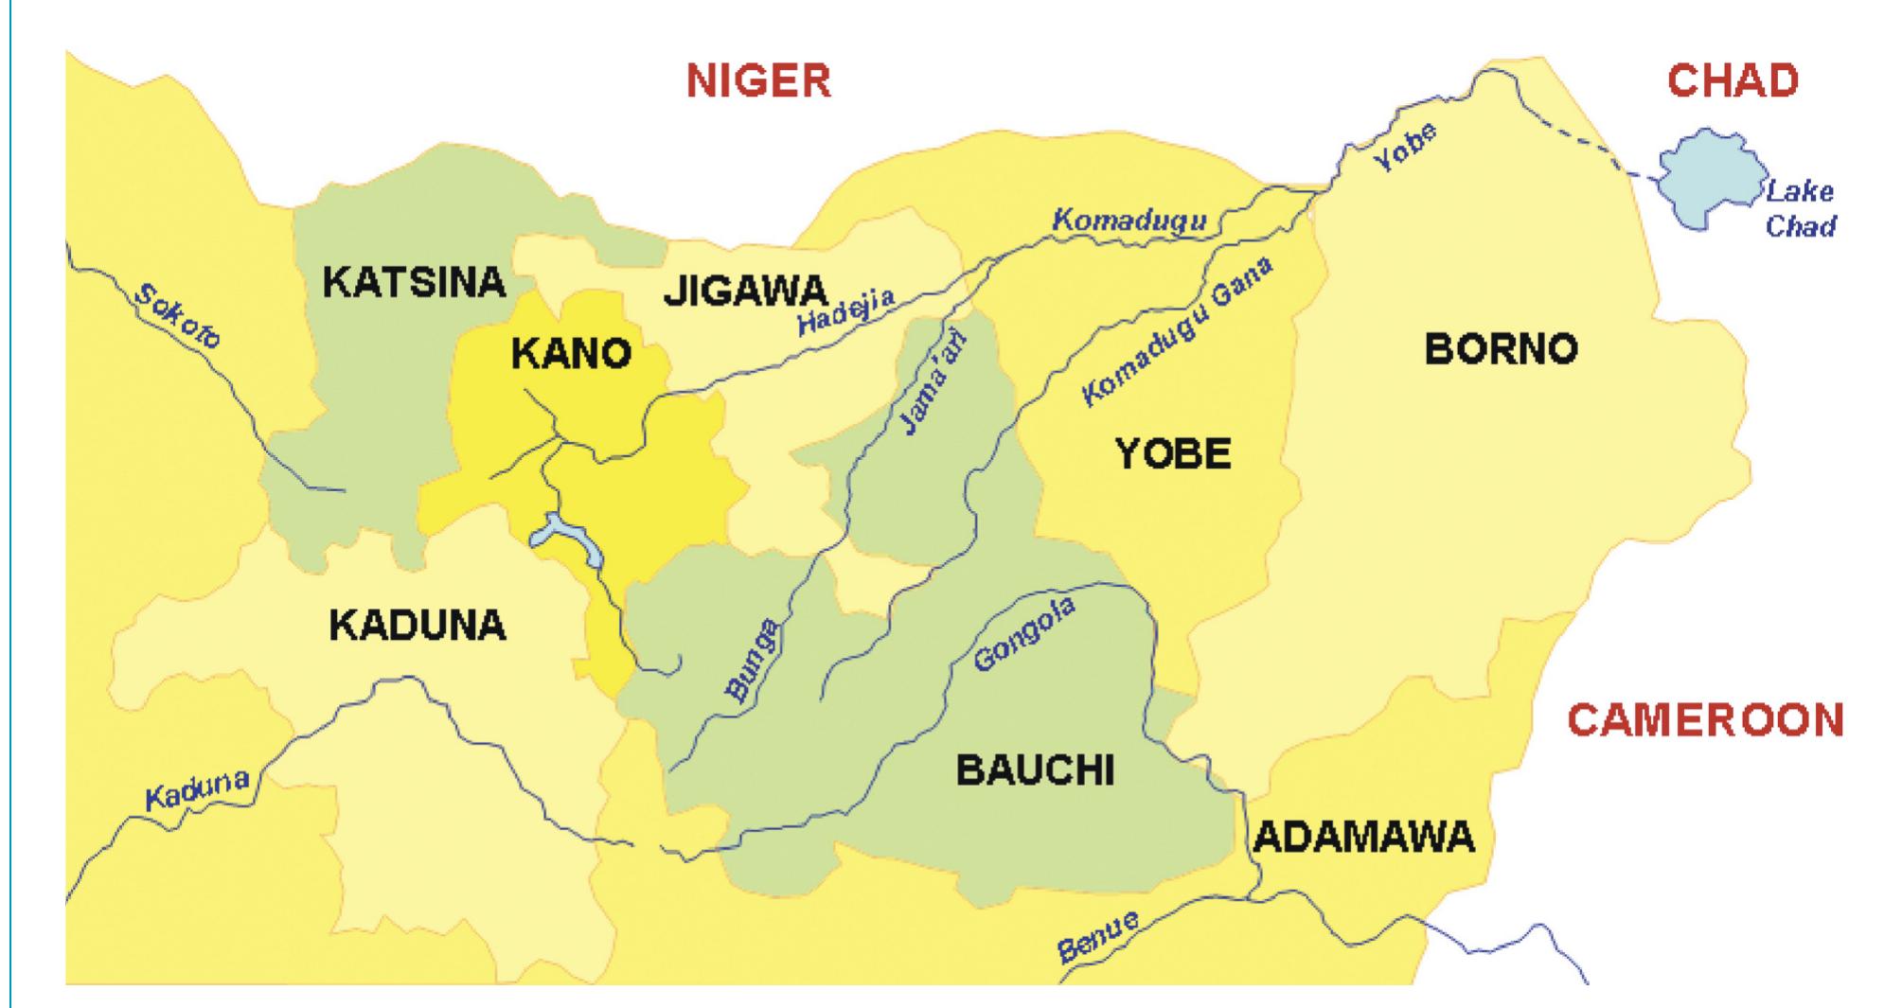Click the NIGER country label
[758, 80]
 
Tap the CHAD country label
[1732, 80]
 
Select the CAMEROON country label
[1705, 720]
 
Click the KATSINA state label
[415, 282]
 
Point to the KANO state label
[571, 354]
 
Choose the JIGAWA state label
[745, 292]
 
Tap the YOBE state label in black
[1173, 454]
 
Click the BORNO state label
[1502, 350]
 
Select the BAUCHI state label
[1035, 770]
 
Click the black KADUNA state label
[418, 626]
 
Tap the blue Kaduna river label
[198, 790]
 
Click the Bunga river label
[754, 660]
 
